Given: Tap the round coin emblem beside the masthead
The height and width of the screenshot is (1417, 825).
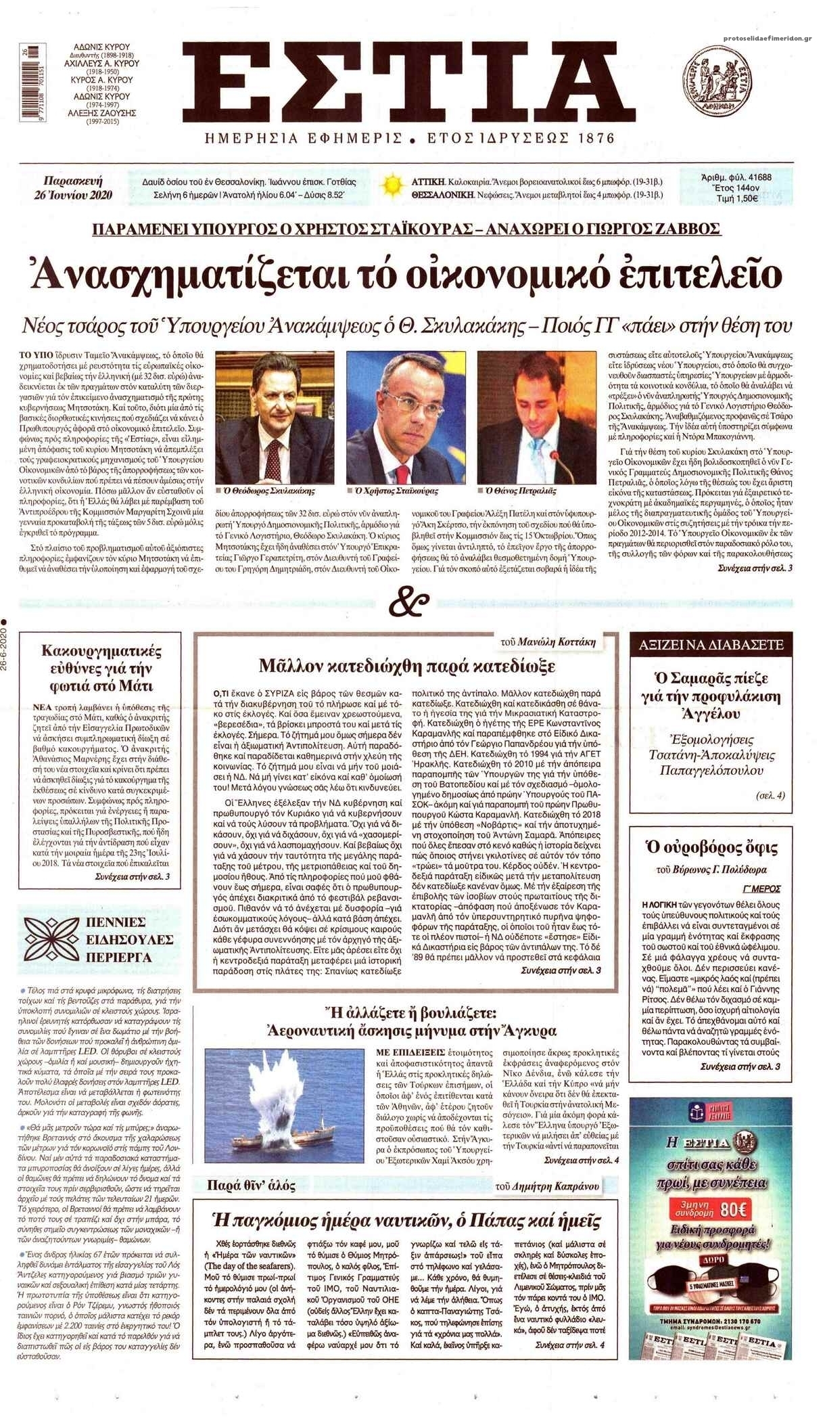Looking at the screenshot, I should click(x=718, y=78).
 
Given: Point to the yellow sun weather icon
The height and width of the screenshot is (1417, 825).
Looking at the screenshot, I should click(x=391, y=185).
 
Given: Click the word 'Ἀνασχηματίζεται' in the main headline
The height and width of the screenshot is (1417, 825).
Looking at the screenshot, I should click(x=183, y=273).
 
